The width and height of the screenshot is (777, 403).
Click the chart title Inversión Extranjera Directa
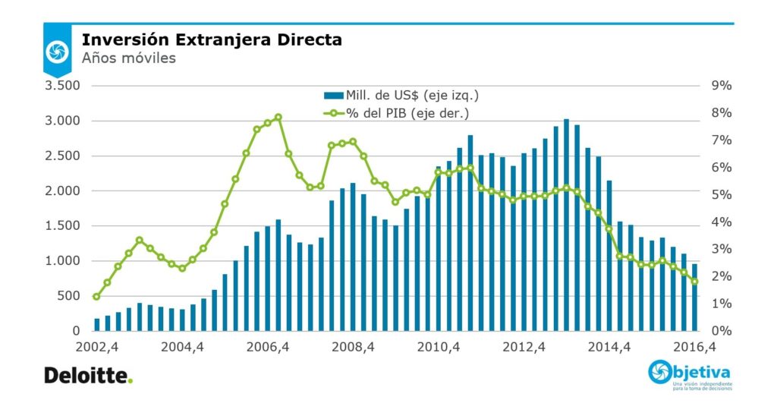[212, 39]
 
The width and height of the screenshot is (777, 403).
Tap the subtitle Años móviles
[128, 58]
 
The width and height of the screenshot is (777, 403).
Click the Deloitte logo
[88, 375]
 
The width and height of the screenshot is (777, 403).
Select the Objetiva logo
[690, 374]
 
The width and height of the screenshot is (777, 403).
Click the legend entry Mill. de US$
[401, 95]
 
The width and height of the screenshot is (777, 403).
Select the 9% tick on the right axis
[721, 86]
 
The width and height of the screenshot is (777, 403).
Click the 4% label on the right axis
[721, 222]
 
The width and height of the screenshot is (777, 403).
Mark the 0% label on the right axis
[721, 332]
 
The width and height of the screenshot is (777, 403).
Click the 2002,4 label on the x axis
[96, 348]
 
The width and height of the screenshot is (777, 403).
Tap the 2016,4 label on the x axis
[694, 348]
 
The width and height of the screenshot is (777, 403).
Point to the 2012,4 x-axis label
[524, 348]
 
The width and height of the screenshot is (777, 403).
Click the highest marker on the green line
[278, 118]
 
